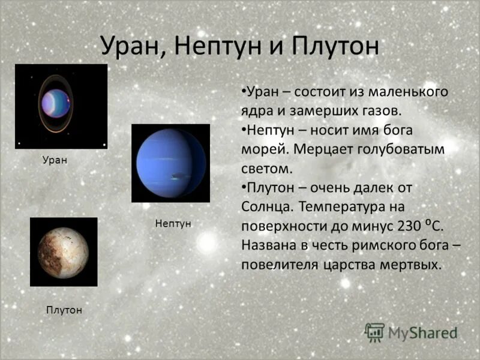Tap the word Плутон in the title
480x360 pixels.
coord(336,46)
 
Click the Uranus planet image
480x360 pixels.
coord(61,106)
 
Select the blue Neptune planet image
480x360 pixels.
coord(170,163)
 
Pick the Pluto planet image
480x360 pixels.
coord(64,252)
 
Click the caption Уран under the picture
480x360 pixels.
coord(55,160)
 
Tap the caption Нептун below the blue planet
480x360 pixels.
coord(173,223)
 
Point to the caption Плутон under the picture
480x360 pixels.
coord(64,310)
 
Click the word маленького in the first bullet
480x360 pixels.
coord(408,92)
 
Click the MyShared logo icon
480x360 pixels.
coord(375,332)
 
